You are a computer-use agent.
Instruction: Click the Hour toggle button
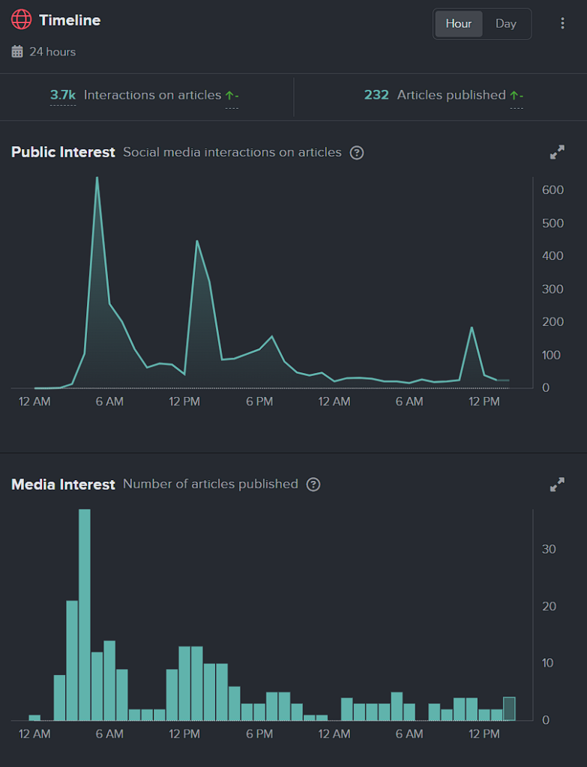coord(458,23)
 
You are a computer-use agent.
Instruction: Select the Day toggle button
coord(506,23)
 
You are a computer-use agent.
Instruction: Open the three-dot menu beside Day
coord(562,23)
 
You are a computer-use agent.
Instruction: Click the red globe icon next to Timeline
coord(22,20)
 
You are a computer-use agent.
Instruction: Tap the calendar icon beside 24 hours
coord(17,52)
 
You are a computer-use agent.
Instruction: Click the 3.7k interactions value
coord(63,95)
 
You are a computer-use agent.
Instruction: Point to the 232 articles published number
coord(376,95)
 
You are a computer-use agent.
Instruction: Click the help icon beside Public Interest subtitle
coord(357,153)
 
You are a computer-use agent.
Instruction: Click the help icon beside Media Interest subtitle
coord(313,485)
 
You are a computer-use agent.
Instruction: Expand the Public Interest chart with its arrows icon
coord(557,153)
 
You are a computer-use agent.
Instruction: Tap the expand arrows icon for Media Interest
coord(557,485)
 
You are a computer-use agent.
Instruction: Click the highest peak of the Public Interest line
coord(97,178)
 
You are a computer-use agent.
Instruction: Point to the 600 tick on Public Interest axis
coord(553,190)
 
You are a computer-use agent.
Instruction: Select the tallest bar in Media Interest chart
coord(85,614)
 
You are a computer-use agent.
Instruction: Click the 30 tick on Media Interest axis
coord(549,549)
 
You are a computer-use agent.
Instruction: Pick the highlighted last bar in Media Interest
coord(509,709)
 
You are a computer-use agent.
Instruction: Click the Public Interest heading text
coord(63,153)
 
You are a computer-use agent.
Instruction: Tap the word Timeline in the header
coord(70,20)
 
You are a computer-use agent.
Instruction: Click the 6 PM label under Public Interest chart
coord(259,401)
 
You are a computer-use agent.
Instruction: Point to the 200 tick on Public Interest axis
coord(553,322)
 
